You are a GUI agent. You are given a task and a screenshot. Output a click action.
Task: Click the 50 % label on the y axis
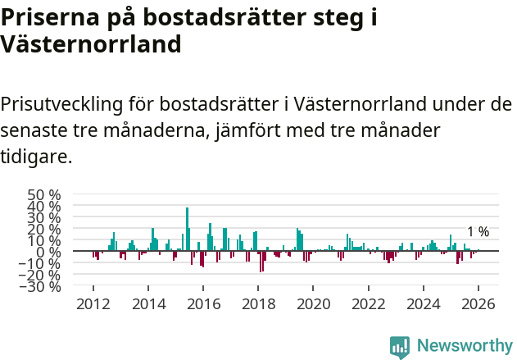click(44, 195)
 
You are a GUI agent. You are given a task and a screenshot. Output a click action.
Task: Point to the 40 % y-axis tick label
click(44, 207)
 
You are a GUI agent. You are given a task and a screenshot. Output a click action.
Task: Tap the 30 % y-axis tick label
click(44, 218)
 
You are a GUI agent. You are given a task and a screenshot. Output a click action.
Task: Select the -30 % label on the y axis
click(42, 286)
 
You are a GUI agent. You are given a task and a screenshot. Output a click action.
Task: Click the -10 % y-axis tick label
click(42, 263)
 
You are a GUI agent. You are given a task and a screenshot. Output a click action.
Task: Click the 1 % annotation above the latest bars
click(478, 232)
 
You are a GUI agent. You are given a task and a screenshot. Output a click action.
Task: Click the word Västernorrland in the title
click(90, 43)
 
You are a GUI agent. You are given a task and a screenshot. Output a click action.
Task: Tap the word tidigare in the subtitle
click(36, 156)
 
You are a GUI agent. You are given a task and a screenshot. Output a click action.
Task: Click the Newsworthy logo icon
click(400, 347)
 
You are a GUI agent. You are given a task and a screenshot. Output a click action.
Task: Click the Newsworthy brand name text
click(464, 347)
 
